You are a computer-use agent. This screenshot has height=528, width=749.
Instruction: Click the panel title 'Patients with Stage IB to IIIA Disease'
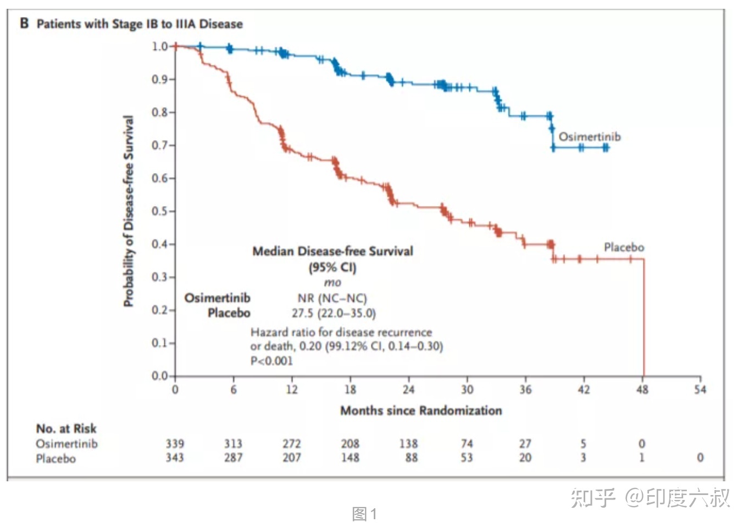tap(140, 24)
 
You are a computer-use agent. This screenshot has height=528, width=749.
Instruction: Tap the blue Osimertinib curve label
tap(590, 137)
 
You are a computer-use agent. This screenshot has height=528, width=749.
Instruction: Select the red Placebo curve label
tap(624, 247)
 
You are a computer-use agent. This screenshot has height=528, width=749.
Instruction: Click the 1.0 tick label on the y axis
tap(160, 47)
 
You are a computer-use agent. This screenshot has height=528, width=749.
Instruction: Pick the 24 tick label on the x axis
tap(408, 390)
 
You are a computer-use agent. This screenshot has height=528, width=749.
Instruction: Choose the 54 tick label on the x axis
tap(700, 390)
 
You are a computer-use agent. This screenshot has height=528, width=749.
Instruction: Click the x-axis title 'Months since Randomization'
tap(421, 410)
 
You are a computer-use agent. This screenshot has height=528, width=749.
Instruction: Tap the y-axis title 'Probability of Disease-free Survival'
tap(129, 212)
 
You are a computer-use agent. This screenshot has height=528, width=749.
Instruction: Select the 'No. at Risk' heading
tap(66, 429)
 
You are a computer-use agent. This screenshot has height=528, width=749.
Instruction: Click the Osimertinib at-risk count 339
tap(175, 443)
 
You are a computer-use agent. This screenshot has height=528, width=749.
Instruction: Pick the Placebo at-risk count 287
tap(233, 458)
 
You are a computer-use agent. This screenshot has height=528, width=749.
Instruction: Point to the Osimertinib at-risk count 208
tap(350, 443)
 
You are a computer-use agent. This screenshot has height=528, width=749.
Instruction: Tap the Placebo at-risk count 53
tap(467, 458)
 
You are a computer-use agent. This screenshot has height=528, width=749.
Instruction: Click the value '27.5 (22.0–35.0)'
tap(334, 313)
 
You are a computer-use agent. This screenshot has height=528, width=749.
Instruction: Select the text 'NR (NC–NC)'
tap(332, 298)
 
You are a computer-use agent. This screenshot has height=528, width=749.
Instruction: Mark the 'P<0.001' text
tap(271, 361)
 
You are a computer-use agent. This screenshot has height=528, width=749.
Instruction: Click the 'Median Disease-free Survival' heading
tap(332, 252)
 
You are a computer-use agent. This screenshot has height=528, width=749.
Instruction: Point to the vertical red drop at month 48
tap(643, 319)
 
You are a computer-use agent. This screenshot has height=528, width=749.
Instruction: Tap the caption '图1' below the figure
tap(364, 514)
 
